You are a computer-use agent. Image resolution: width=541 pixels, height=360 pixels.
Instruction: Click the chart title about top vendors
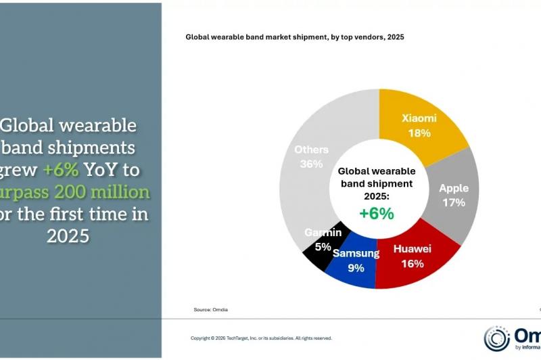pyautogui.click(x=294, y=37)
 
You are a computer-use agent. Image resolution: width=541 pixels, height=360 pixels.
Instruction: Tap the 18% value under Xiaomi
pyautogui.click(x=419, y=133)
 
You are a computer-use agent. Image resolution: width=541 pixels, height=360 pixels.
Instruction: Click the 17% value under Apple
pyautogui.click(x=454, y=202)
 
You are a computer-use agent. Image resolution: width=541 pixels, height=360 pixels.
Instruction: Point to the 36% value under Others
pyautogui.click(x=312, y=164)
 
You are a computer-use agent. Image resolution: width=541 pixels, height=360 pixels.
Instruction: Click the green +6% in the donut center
pyautogui.click(x=377, y=213)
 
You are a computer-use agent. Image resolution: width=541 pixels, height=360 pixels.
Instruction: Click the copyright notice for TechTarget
pyautogui.click(x=261, y=338)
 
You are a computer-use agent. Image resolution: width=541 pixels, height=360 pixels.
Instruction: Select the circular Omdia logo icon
pyautogui.click(x=497, y=338)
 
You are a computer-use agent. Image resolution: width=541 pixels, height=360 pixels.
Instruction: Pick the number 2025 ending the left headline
pyautogui.click(x=68, y=236)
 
